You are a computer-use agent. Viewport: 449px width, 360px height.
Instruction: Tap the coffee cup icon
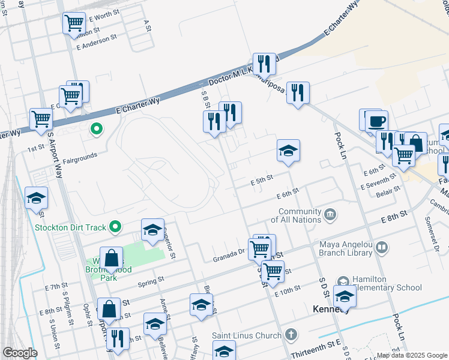point(376,121)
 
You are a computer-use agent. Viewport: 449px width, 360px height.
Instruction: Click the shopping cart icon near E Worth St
point(74,23)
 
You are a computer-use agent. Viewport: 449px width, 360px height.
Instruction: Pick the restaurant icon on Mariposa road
point(297,93)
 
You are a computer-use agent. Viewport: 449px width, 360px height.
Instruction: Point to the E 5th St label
point(261,178)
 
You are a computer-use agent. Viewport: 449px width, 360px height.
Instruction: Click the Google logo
point(19,353)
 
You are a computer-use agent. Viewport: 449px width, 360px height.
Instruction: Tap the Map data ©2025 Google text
point(411,356)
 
